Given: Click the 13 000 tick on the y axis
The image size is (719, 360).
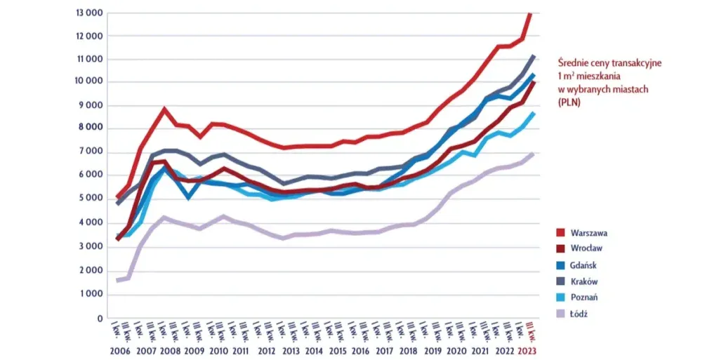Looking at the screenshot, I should click(x=88, y=13).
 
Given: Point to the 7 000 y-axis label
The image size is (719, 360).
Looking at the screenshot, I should click(x=90, y=152).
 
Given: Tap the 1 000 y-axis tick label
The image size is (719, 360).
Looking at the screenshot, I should click(x=90, y=294).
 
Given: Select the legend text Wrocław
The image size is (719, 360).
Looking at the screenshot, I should click(x=588, y=248).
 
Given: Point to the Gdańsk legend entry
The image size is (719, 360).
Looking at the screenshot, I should click(x=586, y=265).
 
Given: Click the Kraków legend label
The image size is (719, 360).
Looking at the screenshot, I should click(x=586, y=281).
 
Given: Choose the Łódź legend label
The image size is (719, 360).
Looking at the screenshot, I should click(x=580, y=313).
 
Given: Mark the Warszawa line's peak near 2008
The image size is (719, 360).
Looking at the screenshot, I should click(x=164, y=109).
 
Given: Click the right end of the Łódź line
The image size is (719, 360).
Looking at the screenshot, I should click(x=532, y=154).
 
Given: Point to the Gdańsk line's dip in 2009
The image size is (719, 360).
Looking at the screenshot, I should click(x=188, y=197).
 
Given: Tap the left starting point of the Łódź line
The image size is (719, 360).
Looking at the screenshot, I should click(x=117, y=280).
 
